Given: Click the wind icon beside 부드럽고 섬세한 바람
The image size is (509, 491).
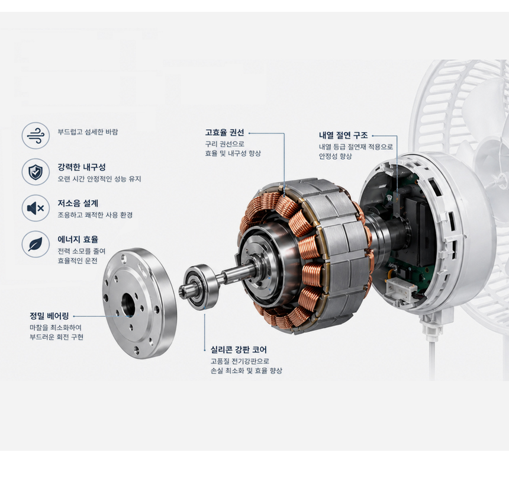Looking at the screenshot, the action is (x=36, y=136).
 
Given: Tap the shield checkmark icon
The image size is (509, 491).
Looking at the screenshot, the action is (x=36, y=172).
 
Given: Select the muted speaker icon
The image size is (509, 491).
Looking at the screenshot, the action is (x=36, y=208).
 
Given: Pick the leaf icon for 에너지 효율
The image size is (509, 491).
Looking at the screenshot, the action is (x=36, y=244).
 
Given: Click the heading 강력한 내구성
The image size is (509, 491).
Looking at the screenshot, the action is (x=82, y=168).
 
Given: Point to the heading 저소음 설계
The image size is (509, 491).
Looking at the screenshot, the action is (x=78, y=203).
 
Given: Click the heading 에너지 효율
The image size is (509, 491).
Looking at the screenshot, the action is (x=78, y=239).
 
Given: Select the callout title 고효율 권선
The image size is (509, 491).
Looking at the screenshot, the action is (x=224, y=133).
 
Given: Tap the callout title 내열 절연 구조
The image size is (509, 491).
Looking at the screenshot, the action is (x=343, y=136).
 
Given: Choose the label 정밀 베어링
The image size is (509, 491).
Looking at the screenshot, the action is (x=49, y=316).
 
